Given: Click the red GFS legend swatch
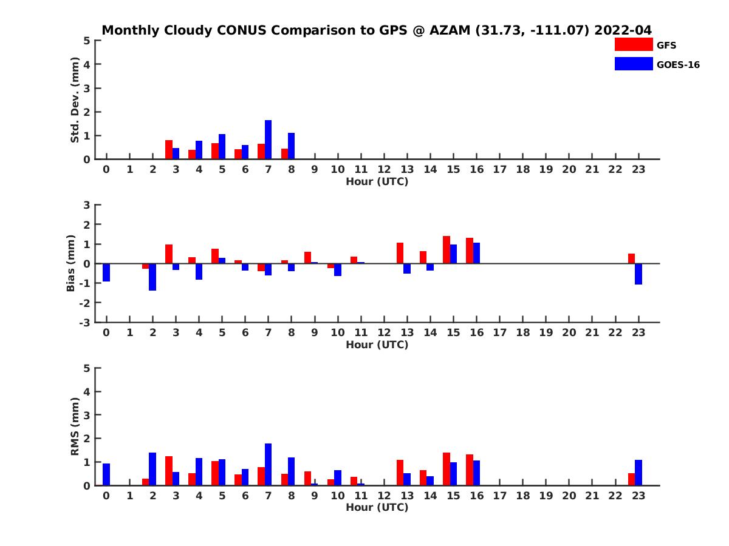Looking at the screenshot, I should [634, 44].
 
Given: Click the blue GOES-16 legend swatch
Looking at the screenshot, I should [634, 64].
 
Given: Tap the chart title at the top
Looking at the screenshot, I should [377, 30].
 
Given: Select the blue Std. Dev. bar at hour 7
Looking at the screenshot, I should [269, 140].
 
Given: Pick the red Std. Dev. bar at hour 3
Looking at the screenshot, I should [169, 150].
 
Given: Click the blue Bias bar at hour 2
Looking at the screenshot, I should [152, 277].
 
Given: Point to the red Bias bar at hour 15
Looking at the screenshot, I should [447, 249].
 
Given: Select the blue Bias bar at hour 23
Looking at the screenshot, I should [638, 274].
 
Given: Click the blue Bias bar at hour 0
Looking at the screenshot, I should [106, 272].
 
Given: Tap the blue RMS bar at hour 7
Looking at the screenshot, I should [269, 464].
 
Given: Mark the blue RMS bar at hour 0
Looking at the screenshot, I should [106, 474].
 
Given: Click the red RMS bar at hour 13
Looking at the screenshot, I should [400, 473].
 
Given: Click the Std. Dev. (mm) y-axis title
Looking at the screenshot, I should [75, 100].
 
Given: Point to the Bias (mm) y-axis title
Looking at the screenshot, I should [71, 263].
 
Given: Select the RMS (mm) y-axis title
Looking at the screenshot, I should [75, 426].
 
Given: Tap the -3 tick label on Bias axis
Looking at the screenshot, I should [86, 322].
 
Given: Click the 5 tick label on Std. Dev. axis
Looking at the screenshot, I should [87, 41].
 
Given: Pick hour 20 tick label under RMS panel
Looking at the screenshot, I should [569, 496].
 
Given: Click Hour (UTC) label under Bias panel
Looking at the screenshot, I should [377, 345].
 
